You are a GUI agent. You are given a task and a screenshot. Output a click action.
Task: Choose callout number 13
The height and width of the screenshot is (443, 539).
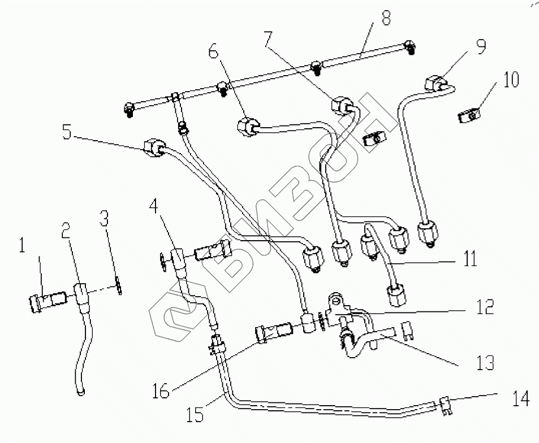pos(485,362)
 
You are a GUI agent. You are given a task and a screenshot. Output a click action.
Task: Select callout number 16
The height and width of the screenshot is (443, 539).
pos(161,391)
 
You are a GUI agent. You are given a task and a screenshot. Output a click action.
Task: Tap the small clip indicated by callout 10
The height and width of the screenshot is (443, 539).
pos(467,117)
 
